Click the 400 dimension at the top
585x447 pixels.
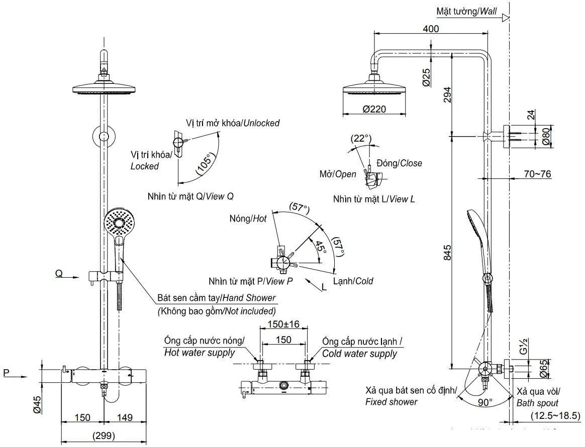tap(431, 29)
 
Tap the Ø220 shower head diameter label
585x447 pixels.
tap(374, 109)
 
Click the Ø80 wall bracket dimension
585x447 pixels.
tap(546, 136)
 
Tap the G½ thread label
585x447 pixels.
tap(523, 348)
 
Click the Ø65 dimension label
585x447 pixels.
tap(546, 369)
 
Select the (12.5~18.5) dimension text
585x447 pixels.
tap(555, 415)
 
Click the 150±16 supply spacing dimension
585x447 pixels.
tap(283, 324)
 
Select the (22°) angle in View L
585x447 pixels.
tap(360, 138)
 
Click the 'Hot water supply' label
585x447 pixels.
tap(200, 353)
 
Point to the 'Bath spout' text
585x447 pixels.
tap(537, 403)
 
